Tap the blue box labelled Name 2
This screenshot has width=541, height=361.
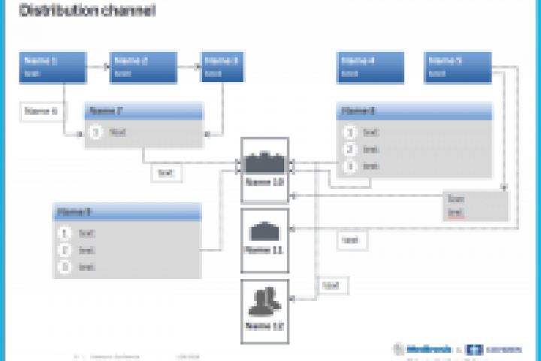point(143,67)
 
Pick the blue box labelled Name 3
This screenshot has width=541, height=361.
point(223,67)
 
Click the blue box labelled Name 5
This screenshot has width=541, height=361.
point(458,67)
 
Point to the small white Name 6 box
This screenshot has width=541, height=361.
point(41,111)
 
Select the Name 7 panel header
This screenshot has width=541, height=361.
point(144,111)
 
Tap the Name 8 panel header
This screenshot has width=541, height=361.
point(414,111)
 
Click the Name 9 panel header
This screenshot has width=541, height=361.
point(127,212)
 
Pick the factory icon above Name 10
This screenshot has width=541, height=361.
point(264,161)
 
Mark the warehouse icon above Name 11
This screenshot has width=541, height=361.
point(264,230)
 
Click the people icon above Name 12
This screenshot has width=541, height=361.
point(264,302)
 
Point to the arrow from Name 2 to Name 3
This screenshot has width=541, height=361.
point(189,66)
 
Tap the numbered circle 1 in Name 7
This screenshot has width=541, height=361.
point(96,132)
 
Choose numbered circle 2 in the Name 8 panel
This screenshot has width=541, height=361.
point(349,149)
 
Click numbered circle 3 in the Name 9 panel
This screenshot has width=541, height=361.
point(65,266)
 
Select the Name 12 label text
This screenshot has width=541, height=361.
point(264,326)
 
